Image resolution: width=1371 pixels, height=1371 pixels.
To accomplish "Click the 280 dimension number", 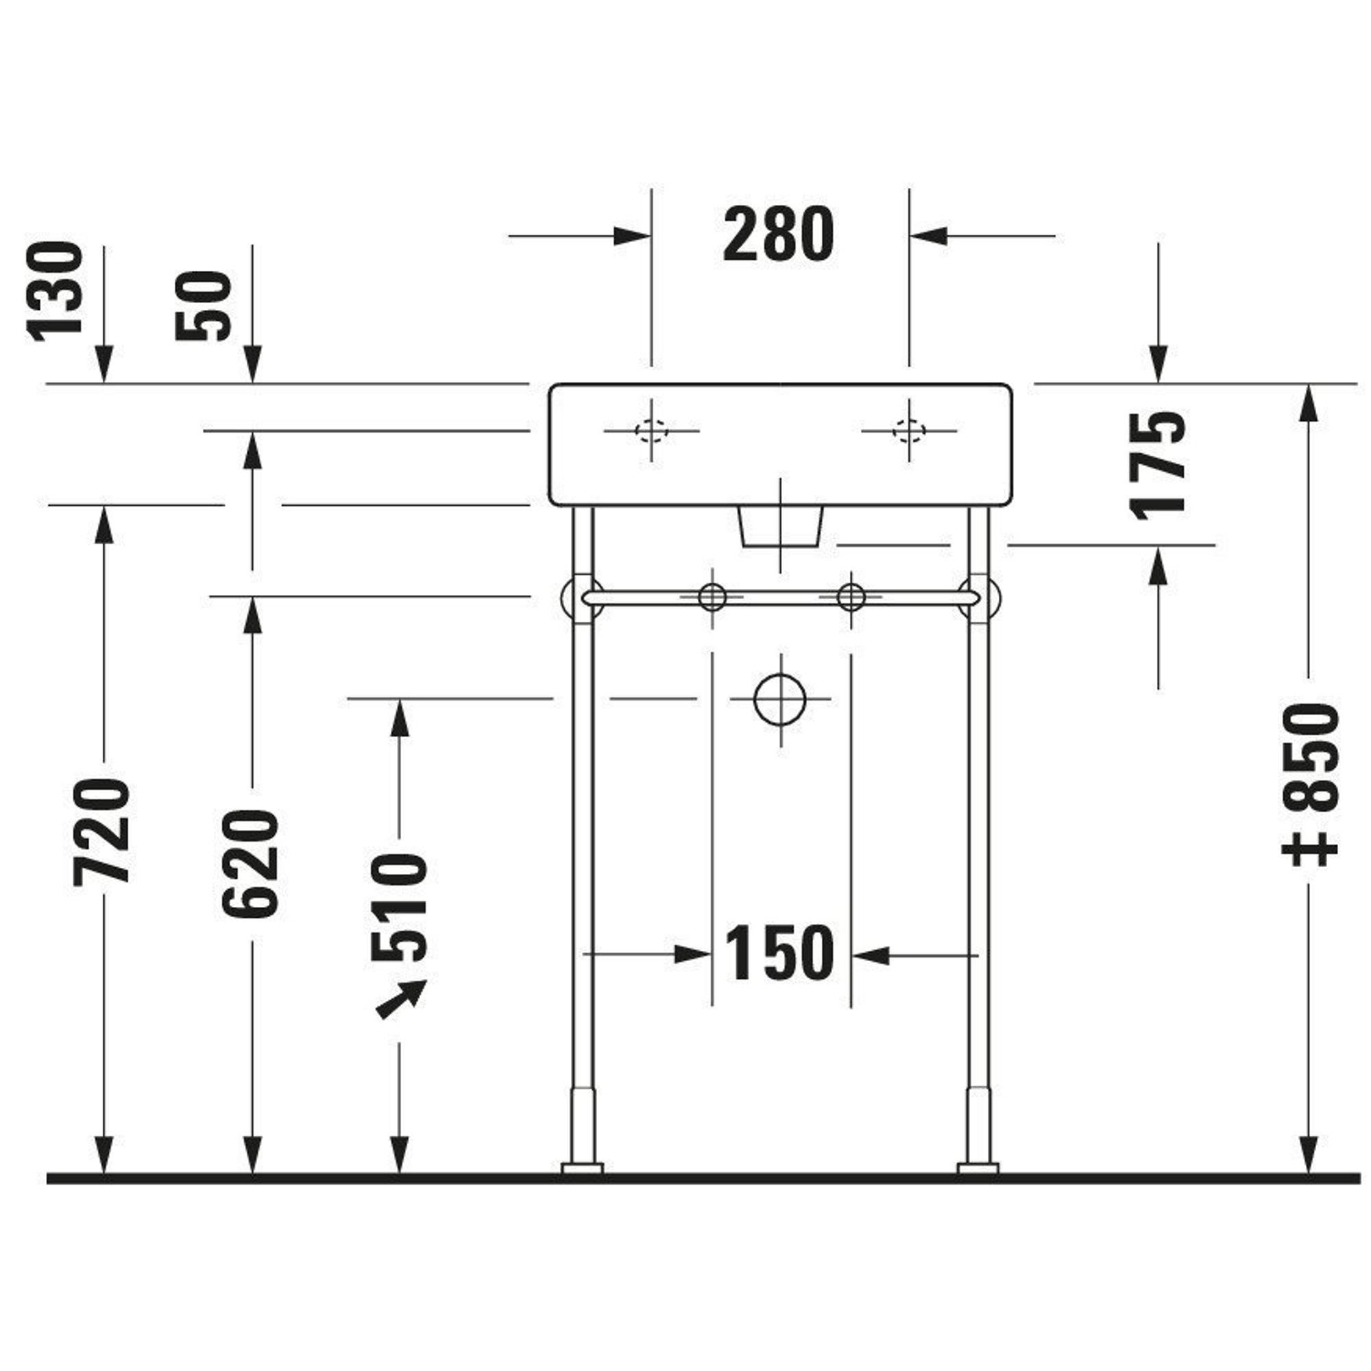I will [x=779, y=235].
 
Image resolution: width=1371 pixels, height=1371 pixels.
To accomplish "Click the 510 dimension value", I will [x=400, y=908].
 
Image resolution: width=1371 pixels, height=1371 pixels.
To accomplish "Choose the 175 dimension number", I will [x=1157, y=465].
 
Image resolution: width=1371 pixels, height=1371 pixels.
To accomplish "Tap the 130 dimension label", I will [x=55, y=291].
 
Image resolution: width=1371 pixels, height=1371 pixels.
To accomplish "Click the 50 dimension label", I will [x=204, y=306].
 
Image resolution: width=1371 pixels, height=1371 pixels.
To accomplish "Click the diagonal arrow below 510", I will [x=402, y=999].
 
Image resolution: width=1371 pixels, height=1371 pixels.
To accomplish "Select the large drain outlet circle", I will [x=780, y=699].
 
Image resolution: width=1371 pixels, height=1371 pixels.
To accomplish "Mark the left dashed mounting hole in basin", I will [x=651, y=430].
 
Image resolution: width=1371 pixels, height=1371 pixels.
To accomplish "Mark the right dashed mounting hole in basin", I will [x=909, y=430].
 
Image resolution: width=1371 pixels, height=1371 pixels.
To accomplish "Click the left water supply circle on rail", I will [x=712, y=597].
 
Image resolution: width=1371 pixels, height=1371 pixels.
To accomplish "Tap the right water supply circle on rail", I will [x=851, y=597].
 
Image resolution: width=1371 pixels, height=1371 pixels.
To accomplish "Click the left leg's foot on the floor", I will [x=582, y=1168].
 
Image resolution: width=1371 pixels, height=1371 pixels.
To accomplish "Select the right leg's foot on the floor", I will [x=978, y=1168].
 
